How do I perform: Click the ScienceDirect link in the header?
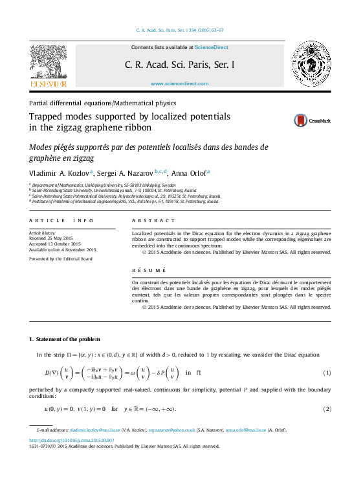(x=211, y=47)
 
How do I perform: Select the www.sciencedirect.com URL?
(x=179, y=84)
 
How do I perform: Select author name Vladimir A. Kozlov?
(x=60, y=173)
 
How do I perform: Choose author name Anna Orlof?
(x=188, y=173)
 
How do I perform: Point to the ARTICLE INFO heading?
(x=57, y=221)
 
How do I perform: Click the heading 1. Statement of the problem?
(x=65, y=339)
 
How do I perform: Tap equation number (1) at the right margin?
(x=327, y=373)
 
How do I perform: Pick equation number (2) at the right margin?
(x=327, y=410)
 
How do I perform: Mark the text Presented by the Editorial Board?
(x=61, y=258)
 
